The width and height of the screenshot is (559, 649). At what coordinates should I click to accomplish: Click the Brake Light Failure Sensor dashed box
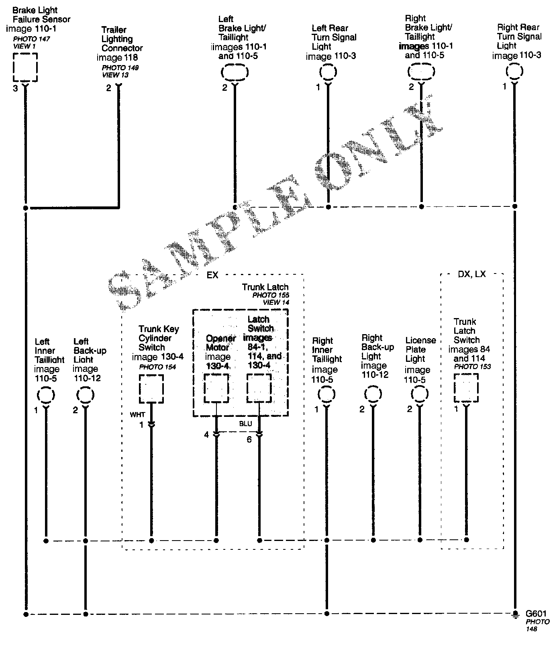click(x=25, y=67)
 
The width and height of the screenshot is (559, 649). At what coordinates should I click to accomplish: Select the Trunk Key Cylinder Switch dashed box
click(x=151, y=388)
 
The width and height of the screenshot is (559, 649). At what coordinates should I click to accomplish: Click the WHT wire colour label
click(x=137, y=414)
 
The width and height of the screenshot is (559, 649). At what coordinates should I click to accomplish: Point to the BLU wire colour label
click(x=245, y=424)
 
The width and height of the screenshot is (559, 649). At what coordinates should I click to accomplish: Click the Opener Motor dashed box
click(x=216, y=388)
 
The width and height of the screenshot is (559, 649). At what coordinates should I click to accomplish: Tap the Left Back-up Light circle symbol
click(x=85, y=395)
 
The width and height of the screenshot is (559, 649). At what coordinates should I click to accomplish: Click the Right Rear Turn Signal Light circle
click(x=514, y=71)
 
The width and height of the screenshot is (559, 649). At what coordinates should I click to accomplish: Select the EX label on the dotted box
click(x=212, y=275)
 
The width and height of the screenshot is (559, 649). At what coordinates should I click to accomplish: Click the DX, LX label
click(x=471, y=274)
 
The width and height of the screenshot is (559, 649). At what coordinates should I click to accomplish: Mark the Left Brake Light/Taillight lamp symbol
click(x=235, y=73)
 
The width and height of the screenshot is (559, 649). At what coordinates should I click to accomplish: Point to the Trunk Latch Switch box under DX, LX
click(x=466, y=388)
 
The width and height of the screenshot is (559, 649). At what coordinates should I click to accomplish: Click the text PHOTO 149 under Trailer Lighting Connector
click(x=120, y=67)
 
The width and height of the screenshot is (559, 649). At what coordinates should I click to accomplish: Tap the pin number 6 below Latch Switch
click(x=249, y=440)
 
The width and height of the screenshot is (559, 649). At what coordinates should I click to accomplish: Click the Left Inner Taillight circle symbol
click(x=46, y=395)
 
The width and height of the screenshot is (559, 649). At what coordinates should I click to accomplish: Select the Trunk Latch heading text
click(x=265, y=287)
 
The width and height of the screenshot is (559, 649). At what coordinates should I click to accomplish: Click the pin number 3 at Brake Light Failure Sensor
click(x=15, y=88)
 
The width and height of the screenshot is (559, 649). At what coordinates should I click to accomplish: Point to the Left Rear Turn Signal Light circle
click(x=328, y=72)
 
